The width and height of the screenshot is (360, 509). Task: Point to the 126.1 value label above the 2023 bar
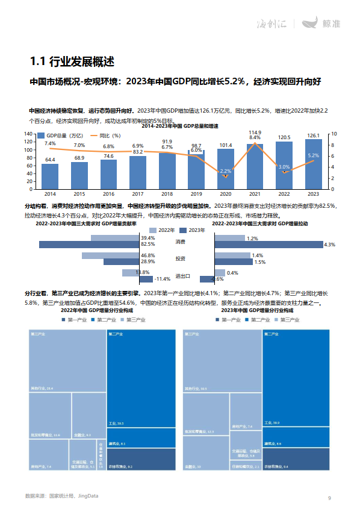point(313,136)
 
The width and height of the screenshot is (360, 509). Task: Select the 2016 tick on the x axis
point(108,194)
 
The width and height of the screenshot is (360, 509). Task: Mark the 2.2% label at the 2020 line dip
point(226,171)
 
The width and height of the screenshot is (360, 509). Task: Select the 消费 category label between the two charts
point(180,242)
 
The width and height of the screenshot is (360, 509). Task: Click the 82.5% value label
point(148,245)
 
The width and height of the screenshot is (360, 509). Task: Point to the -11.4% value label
point(163,279)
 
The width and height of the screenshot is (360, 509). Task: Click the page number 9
point(329,498)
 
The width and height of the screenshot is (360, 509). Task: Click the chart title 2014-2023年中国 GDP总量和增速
point(180,126)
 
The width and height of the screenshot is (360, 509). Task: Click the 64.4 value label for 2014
point(50,160)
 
